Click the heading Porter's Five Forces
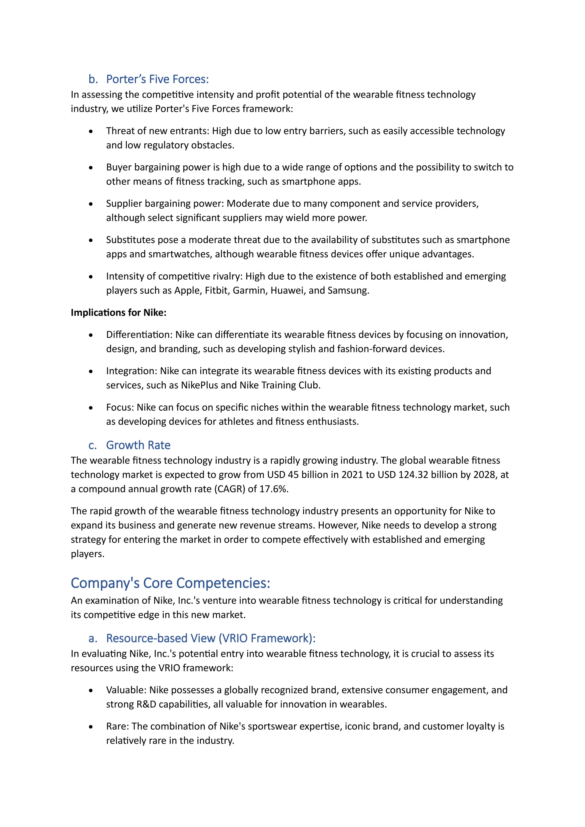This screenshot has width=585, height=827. click(x=157, y=79)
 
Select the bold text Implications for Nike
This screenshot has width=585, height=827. click(x=119, y=312)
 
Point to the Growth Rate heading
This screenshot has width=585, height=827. click(x=138, y=445)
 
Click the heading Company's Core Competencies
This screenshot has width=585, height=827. click(x=170, y=583)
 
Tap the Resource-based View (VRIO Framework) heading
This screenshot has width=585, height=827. click(x=211, y=638)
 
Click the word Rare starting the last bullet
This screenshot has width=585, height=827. click(x=117, y=726)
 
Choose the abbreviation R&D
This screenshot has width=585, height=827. click(x=146, y=704)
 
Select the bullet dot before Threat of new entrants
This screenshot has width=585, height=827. click(x=91, y=131)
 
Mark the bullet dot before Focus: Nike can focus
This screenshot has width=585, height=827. click(x=91, y=408)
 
